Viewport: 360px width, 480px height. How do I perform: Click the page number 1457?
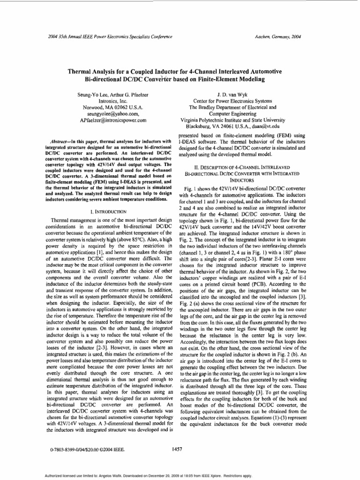(x=177, y=450)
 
